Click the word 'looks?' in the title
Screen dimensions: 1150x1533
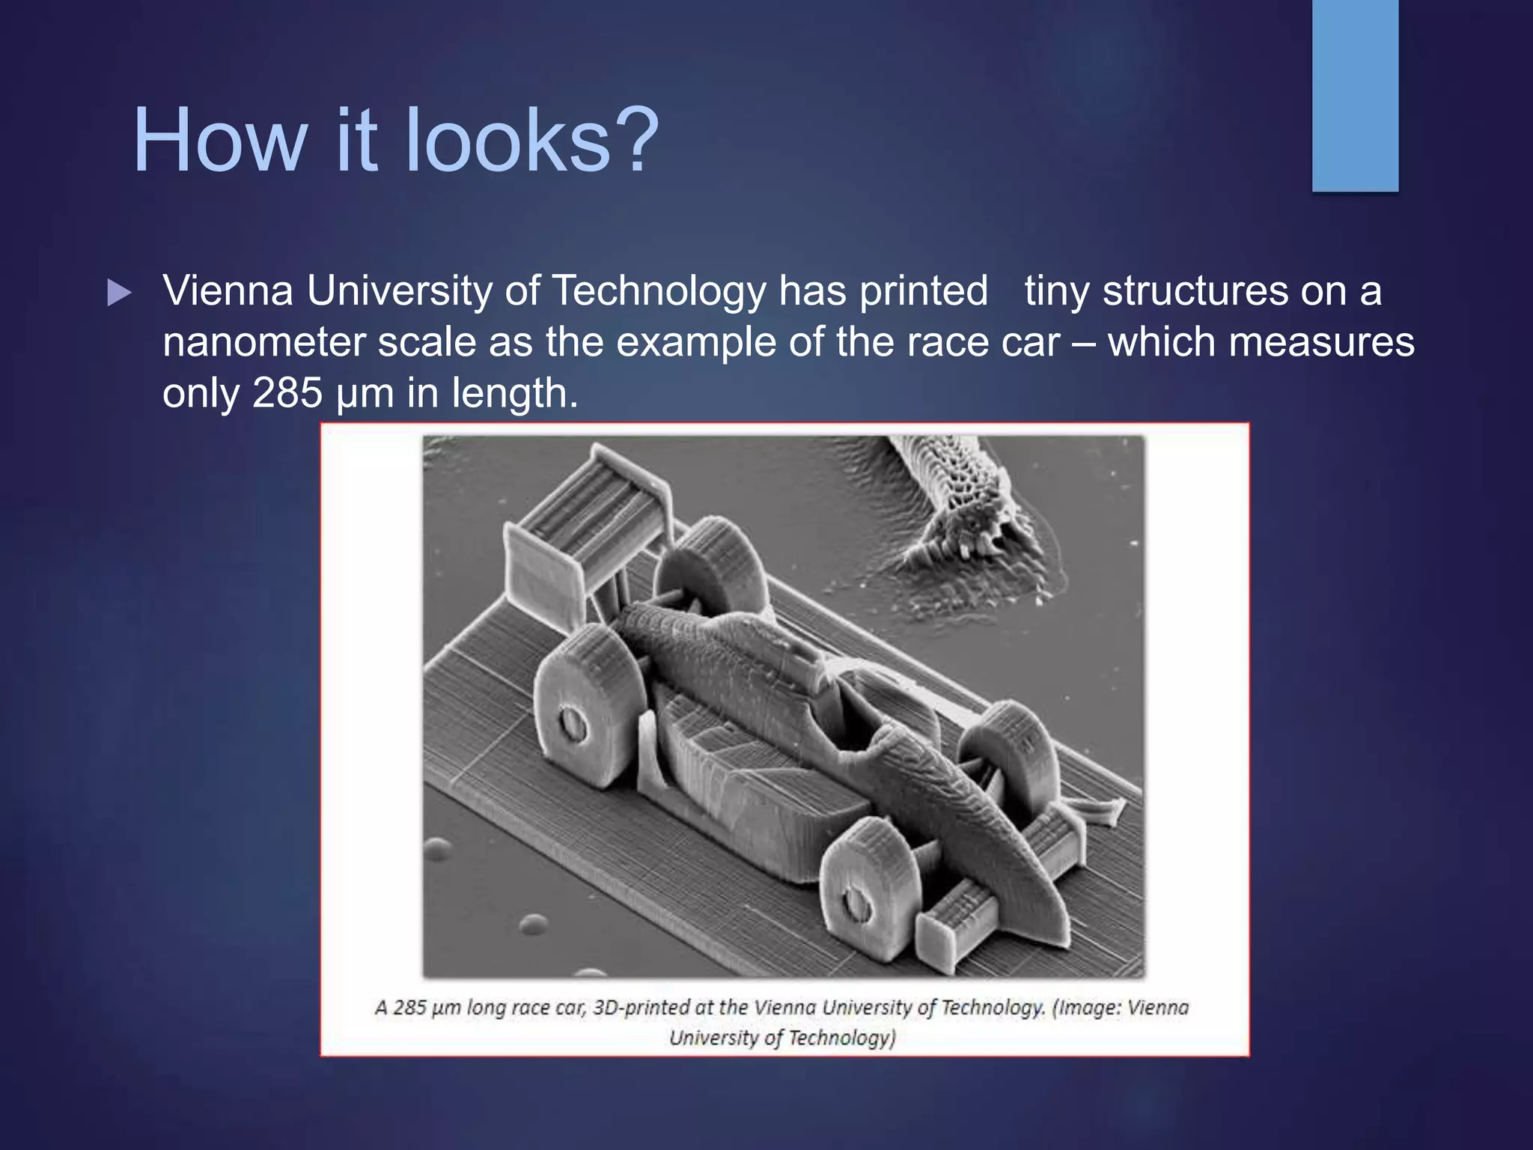[x=531, y=140]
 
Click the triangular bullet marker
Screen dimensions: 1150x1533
[x=119, y=293]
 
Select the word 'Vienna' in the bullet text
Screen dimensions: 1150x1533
[x=228, y=290]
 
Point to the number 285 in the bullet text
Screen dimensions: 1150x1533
[x=287, y=392]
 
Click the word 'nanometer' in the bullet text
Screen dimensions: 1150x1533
[x=264, y=342]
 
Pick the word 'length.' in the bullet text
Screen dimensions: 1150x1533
[x=515, y=393]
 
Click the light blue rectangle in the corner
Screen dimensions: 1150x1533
[x=1355, y=95]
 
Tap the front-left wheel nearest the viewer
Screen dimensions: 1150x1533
[x=868, y=891]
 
